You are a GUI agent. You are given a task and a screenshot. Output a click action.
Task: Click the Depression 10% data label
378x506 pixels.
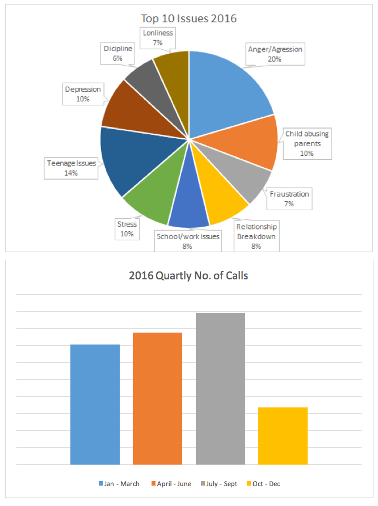pos(83,93)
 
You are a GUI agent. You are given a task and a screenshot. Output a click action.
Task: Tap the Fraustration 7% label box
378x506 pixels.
pos(289,198)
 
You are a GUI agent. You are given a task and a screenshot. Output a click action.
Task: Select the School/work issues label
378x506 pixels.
pos(188,240)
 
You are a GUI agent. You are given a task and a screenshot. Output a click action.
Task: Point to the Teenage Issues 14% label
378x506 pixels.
pos(71,168)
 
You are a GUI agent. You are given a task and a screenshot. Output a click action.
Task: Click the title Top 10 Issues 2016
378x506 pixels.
pos(189,19)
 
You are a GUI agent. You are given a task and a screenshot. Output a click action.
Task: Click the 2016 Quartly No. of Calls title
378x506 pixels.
pos(188,277)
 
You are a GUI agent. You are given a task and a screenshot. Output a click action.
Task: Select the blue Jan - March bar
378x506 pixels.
pos(95,405)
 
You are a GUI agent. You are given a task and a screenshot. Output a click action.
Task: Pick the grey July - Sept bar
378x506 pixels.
pos(220,389)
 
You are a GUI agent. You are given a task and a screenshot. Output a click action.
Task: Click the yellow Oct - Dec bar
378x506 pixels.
pos(283,436)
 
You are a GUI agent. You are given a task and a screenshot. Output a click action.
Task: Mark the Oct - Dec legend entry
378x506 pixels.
pos(264,484)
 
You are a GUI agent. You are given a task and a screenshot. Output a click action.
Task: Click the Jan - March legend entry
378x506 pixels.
pos(119,484)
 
